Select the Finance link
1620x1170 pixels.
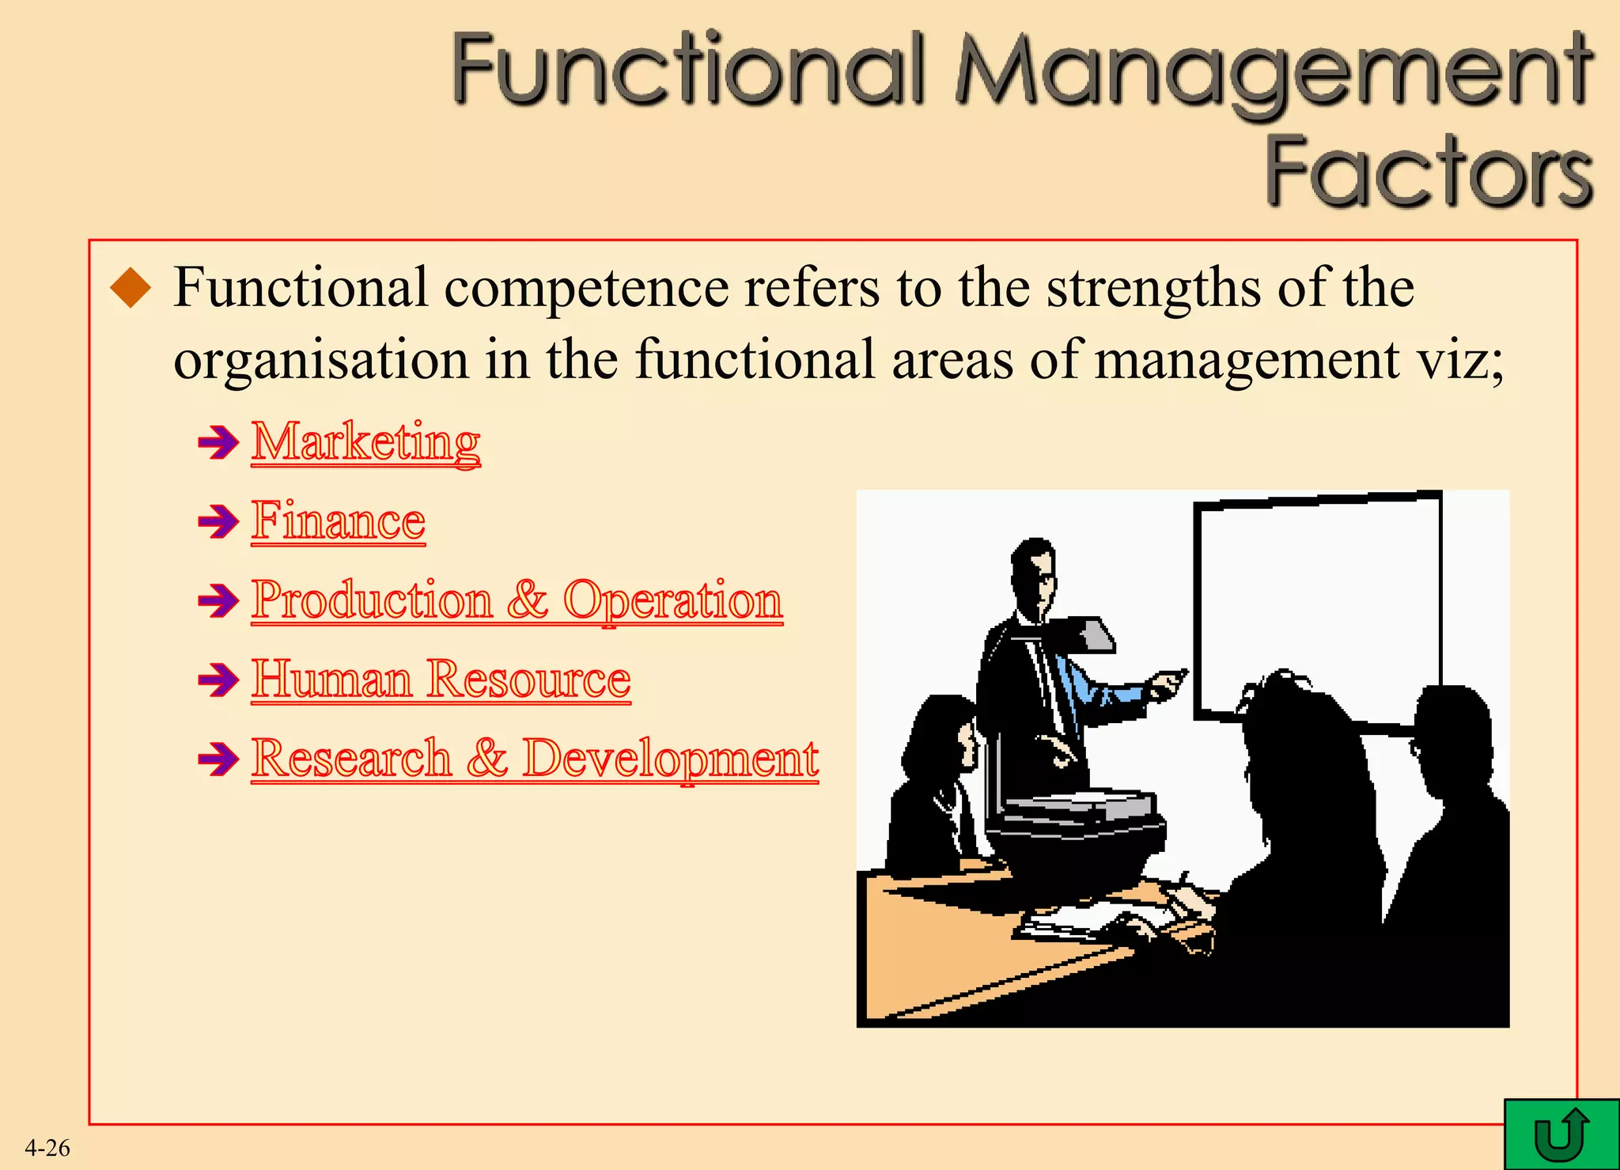[339, 521]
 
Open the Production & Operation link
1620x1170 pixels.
[517, 600]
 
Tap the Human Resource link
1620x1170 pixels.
[441, 679]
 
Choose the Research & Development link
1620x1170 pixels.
[535, 758]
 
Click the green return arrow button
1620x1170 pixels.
[1561, 1134]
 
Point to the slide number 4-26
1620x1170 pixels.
[47, 1148]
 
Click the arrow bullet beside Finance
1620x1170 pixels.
[218, 521]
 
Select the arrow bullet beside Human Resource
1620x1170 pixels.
[218, 680]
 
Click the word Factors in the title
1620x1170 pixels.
[1429, 172]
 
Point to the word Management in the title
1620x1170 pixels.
[1274, 71]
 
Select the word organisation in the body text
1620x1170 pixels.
[321, 360]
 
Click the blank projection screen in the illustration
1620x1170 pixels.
[1317, 601]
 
